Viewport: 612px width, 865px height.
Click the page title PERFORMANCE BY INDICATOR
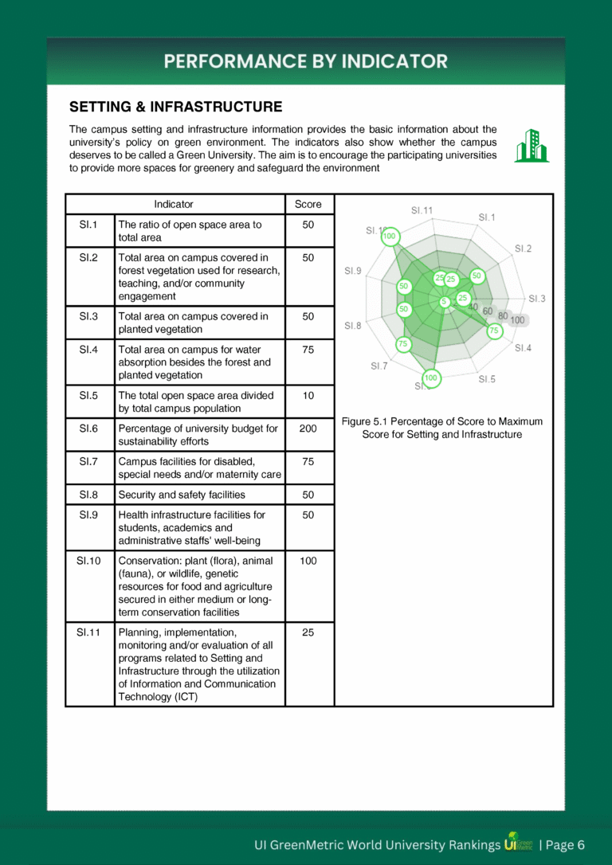[306, 61]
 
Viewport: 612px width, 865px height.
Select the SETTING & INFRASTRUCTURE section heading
[175, 107]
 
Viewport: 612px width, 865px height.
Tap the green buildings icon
[531, 146]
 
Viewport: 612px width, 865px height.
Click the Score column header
[308, 205]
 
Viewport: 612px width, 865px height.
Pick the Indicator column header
[174, 205]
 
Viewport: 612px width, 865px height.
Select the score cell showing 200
[308, 429]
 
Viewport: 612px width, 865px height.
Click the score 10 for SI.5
[308, 396]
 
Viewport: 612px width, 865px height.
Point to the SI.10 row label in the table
[89, 561]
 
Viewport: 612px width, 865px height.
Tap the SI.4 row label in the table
[89, 350]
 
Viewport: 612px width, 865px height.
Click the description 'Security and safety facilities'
[182, 495]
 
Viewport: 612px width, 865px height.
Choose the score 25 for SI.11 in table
[308, 632]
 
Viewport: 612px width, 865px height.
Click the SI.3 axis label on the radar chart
[536, 299]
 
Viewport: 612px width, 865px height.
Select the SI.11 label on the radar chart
[422, 211]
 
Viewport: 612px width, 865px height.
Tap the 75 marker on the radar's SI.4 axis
[494, 330]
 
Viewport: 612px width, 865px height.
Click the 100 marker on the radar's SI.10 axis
[390, 236]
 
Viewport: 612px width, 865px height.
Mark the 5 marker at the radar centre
[444, 301]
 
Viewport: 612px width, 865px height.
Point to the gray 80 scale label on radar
[503, 315]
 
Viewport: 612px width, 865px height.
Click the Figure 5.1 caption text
[441, 428]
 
